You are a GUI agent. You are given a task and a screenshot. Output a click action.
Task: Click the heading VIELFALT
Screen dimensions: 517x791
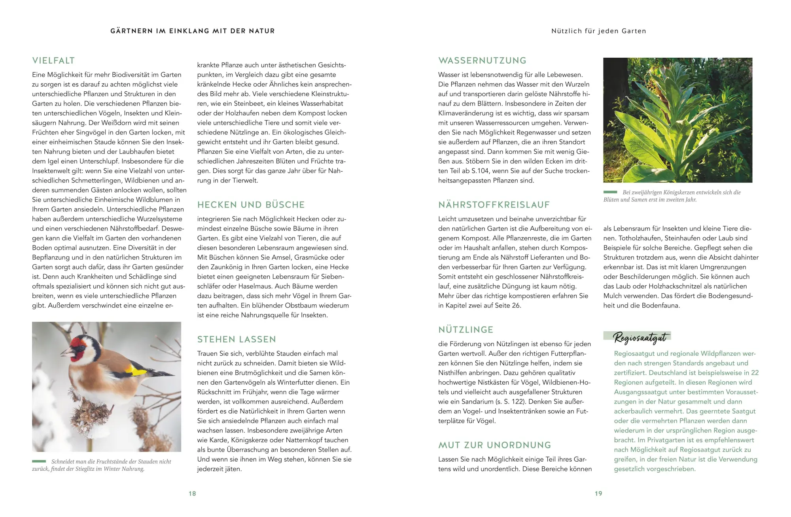pos(53,61)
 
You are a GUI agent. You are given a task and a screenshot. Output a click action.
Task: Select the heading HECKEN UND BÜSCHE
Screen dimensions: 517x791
pos(251,205)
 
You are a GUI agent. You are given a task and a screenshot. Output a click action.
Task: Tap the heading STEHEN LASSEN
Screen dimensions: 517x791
pos(237,340)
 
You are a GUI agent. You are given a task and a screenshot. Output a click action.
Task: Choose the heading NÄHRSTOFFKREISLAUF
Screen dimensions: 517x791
pos(494,205)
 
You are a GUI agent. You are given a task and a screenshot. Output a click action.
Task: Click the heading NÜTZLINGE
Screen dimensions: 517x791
pos(466,330)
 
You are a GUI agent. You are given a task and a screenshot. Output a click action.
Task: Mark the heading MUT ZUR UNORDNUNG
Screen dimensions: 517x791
pos(494,445)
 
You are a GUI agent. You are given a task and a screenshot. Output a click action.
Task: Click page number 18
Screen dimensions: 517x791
pos(192,494)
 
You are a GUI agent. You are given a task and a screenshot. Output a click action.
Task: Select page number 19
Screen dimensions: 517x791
pos(598,494)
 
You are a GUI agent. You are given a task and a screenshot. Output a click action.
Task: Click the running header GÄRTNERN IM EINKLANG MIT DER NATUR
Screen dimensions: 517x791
pos(193,31)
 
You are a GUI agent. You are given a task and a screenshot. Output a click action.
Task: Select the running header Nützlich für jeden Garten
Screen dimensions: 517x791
pos(598,31)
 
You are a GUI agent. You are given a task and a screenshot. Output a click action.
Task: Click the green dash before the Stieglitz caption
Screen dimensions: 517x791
pos(39,461)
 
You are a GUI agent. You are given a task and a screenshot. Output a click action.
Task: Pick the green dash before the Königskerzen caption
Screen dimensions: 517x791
pos(610,192)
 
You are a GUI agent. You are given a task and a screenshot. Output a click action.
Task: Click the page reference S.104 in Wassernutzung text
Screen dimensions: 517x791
pos(478,171)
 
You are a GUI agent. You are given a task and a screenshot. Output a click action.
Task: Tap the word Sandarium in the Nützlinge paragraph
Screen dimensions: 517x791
pos(471,402)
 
